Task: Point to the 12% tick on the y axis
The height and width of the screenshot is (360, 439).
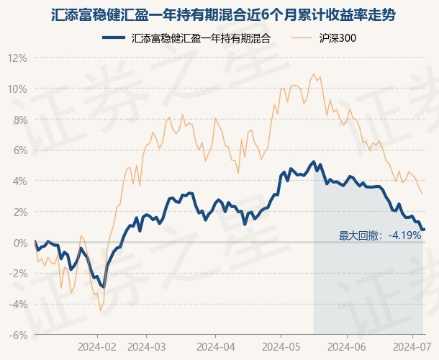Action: [17, 58]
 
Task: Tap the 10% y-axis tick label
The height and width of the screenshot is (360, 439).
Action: [17, 89]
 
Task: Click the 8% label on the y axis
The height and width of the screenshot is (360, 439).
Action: [19, 120]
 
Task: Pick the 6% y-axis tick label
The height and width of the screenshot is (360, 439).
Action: [19, 150]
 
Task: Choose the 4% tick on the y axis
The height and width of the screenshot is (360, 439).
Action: [19, 181]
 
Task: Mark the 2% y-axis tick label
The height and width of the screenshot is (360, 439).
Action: [19, 212]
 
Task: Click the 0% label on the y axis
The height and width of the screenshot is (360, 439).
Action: [19, 243]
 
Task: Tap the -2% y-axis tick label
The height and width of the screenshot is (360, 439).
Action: [17, 274]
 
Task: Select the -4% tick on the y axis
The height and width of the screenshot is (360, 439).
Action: [17, 304]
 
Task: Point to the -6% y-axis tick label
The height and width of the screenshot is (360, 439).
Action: [17, 335]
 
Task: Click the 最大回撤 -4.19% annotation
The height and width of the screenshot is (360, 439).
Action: [379, 235]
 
